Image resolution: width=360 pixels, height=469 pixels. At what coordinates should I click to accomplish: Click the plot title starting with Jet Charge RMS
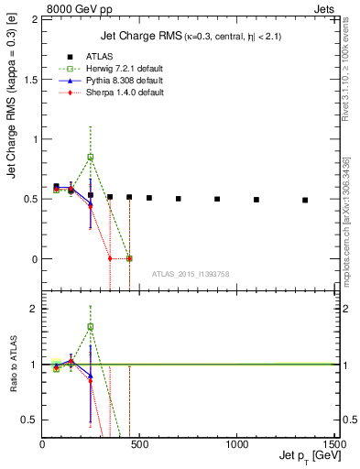pyautogui.click(x=191, y=37)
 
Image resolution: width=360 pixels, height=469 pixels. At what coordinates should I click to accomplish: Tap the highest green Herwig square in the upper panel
pyautogui.click(x=90, y=158)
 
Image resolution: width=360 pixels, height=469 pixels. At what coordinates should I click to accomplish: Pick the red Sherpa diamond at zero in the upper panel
pyautogui.click(x=110, y=258)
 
